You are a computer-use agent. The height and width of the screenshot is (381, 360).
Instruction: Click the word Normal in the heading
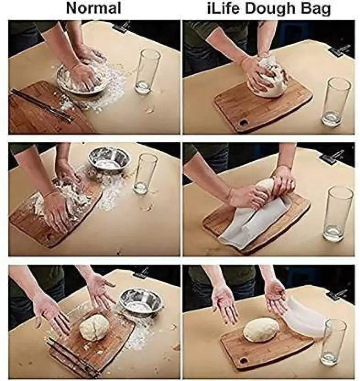click(x=93, y=8)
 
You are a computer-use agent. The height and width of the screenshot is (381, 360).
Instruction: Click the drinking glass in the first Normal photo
click(x=147, y=71)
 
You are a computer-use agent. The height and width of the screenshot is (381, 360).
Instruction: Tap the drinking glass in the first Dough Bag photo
click(x=336, y=102)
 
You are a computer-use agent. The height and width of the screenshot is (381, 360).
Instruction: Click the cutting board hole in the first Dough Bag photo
click(x=243, y=123)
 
